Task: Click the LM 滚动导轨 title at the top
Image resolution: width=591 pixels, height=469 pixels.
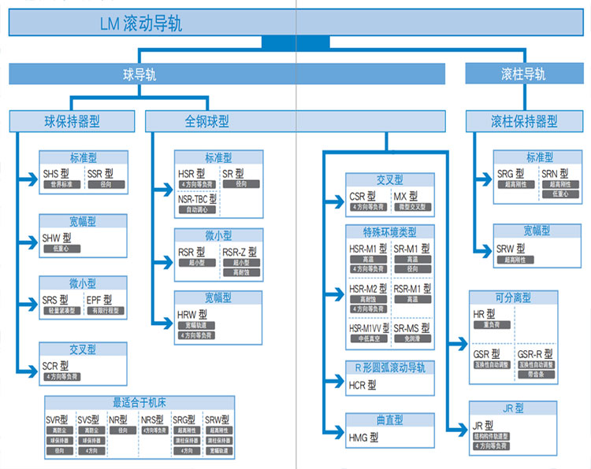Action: pyautogui.click(x=142, y=24)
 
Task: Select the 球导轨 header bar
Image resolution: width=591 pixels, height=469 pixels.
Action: pyautogui.click(x=139, y=75)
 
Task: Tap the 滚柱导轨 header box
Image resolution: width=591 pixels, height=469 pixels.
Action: pyautogui.click(x=523, y=75)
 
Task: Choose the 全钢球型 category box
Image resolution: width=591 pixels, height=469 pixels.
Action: pyautogui.click(x=207, y=121)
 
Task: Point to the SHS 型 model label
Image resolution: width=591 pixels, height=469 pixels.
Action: pyautogui.click(x=57, y=173)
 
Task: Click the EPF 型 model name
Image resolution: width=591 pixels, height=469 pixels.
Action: pyautogui.click(x=99, y=300)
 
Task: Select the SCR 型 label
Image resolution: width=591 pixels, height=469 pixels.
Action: pyautogui.click(x=56, y=366)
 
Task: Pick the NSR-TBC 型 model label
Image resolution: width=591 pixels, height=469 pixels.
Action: pyautogui.click(x=196, y=199)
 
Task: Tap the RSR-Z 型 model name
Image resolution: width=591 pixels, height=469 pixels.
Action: pyautogui.click(x=240, y=252)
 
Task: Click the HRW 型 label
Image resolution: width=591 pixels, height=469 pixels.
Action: pyautogui.click(x=191, y=315)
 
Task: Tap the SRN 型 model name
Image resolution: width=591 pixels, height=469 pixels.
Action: pyautogui.click(x=555, y=173)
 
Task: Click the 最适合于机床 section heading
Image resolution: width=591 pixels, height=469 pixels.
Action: pyautogui.click(x=139, y=401)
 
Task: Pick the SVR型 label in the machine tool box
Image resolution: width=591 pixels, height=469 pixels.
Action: pyautogui.click(x=58, y=419)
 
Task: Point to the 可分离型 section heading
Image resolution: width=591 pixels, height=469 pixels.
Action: pyautogui.click(x=513, y=297)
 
